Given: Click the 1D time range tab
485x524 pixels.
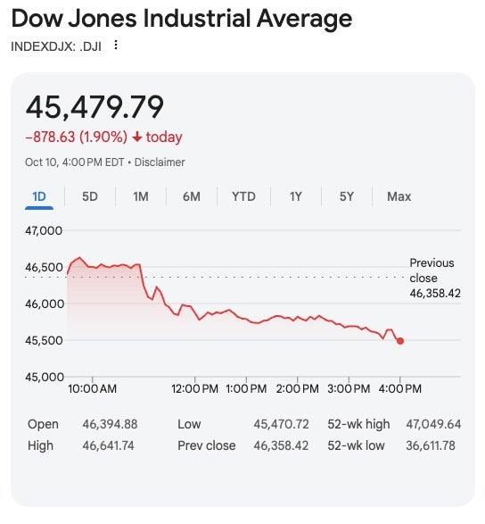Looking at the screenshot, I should tap(39, 196).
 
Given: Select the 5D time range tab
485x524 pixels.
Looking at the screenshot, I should tap(90, 196).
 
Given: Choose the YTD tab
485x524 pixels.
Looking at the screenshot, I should tap(243, 196).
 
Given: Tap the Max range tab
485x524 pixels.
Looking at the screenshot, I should tap(399, 196).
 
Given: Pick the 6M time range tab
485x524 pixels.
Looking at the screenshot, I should tap(192, 196).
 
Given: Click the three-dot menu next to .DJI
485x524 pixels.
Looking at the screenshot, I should tap(115, 46).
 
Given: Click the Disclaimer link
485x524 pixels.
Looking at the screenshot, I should tap(161, 162).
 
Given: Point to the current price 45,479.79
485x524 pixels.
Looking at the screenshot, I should tap(95, 107).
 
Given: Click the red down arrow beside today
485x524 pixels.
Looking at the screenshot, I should tap(136, 137).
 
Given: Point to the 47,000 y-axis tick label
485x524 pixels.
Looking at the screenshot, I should tap(44, 230).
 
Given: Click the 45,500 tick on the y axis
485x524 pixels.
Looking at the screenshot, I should tap(44, 340).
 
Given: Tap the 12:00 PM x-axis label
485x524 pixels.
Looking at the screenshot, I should tap(194, 388).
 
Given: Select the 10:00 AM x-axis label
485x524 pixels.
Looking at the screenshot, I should tap(92, 388).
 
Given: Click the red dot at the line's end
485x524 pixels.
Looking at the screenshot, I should tap(400, 341).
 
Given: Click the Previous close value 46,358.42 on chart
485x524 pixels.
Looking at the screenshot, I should tap(435, 293).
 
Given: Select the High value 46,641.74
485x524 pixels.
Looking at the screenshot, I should tap(108, 445).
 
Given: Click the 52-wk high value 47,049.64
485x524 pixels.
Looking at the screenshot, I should tap(429, 424).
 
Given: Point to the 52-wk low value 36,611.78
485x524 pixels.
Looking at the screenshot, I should tap(429, 445).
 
